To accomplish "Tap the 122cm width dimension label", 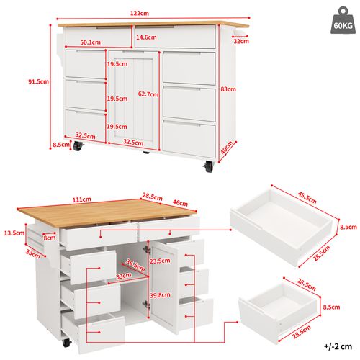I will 140,13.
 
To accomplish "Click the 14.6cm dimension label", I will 147,37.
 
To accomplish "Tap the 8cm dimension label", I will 50,238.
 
